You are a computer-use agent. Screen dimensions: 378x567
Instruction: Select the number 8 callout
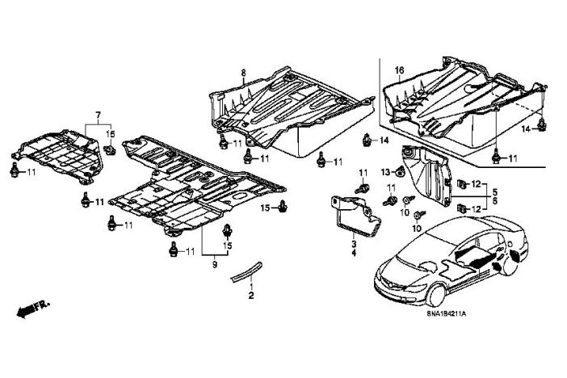click(x=242, y=73)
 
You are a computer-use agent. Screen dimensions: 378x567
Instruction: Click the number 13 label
click(x=386, y=170)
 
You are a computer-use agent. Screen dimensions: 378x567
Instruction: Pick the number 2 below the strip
click(x=251, y=296)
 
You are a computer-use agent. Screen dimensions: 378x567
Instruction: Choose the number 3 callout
click(x=353, y=244)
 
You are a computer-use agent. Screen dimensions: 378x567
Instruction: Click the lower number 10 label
click(x=418, y=229)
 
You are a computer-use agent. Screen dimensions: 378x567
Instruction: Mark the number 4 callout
click(x=353, y=254)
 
